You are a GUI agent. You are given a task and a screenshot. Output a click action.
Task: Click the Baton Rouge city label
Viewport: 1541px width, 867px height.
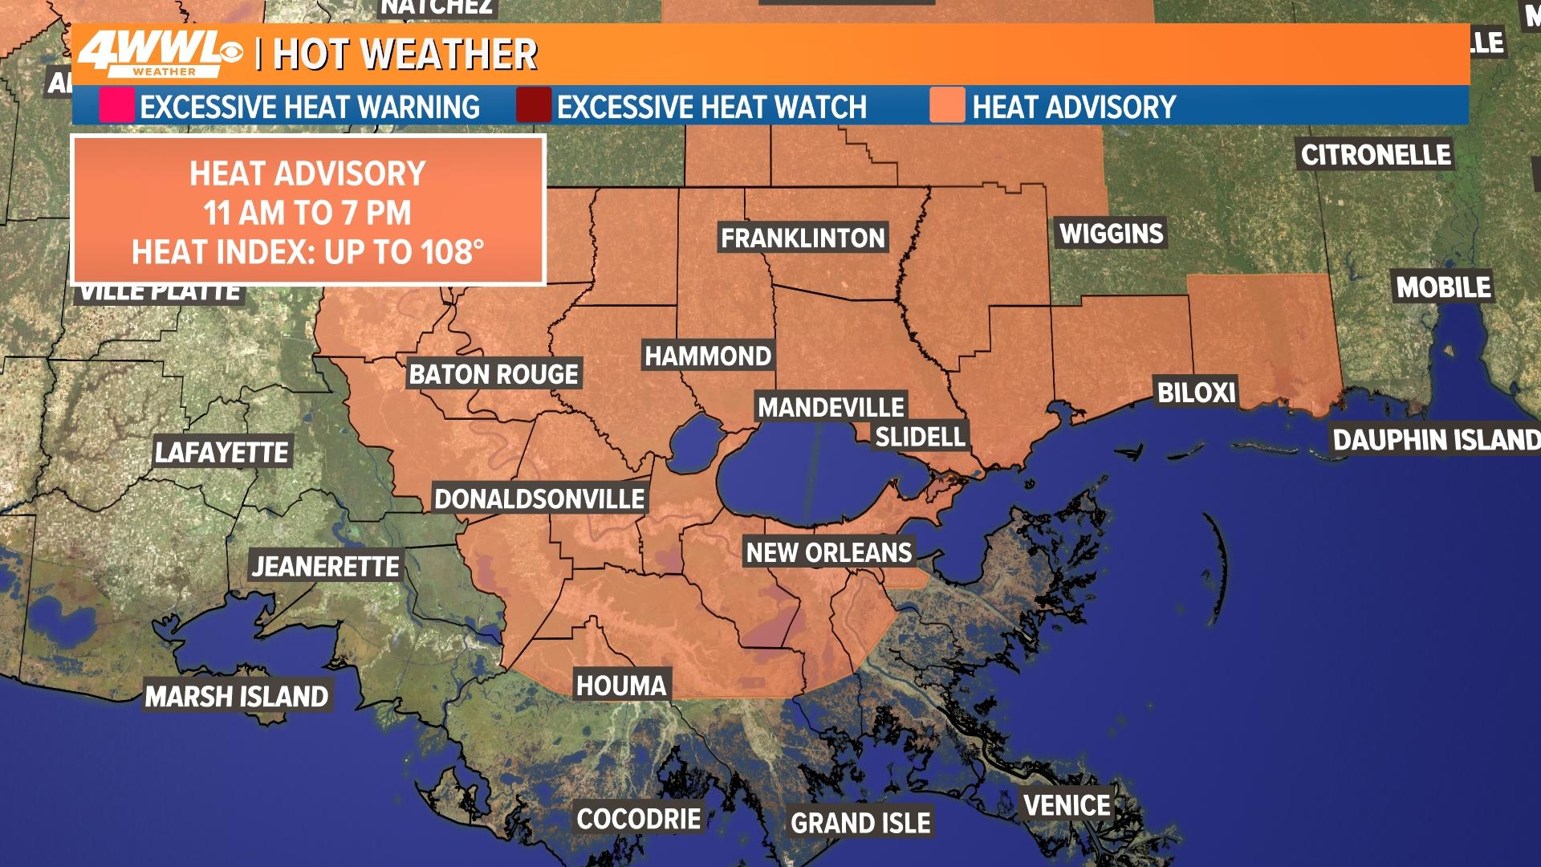click(x=494, y=374)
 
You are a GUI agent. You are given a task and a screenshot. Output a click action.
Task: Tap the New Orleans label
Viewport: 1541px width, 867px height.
click(x=829, y=552)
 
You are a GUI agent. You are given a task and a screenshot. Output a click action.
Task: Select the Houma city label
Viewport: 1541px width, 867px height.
click(x=621, y=685)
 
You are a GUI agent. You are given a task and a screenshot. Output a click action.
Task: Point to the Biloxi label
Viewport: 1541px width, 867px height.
click(x=1196, y=392)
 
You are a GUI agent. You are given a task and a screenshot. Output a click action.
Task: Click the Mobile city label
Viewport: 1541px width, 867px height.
click(x=1443, y=287)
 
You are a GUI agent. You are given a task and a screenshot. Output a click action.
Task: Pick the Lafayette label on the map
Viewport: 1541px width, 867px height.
click(x=222, y=452)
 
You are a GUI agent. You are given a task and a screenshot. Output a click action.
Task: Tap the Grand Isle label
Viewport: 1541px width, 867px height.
click(x=860, y=823)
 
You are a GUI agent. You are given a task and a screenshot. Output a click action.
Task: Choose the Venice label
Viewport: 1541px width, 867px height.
click(x=1067, y=804)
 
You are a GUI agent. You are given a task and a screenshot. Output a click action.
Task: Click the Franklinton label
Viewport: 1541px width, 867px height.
click(x=803, y=238)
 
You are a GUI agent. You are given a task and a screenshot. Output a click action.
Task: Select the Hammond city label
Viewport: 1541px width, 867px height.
click(x=708, y=356)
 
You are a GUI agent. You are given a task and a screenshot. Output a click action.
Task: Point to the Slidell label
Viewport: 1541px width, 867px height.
click(x=920, y=437)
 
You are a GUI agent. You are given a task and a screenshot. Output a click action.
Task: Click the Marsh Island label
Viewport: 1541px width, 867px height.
click(x=237, y=696)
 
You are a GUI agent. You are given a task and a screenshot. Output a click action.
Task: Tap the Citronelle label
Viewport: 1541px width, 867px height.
click(x=1376, y=154)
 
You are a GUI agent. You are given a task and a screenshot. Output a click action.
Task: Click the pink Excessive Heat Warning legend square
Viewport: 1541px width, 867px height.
click(x=116, y=107)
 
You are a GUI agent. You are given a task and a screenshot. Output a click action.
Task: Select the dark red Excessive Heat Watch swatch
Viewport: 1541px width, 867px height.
click(x=533, y=107)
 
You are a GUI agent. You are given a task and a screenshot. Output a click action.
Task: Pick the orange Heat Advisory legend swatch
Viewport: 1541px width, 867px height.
click(x=947, y=107)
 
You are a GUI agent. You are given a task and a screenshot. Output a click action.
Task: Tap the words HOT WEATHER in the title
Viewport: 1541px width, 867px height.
click(x=405, y=55)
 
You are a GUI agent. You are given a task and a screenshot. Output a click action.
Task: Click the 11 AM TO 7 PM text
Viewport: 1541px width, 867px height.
click(x=307, y=214)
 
